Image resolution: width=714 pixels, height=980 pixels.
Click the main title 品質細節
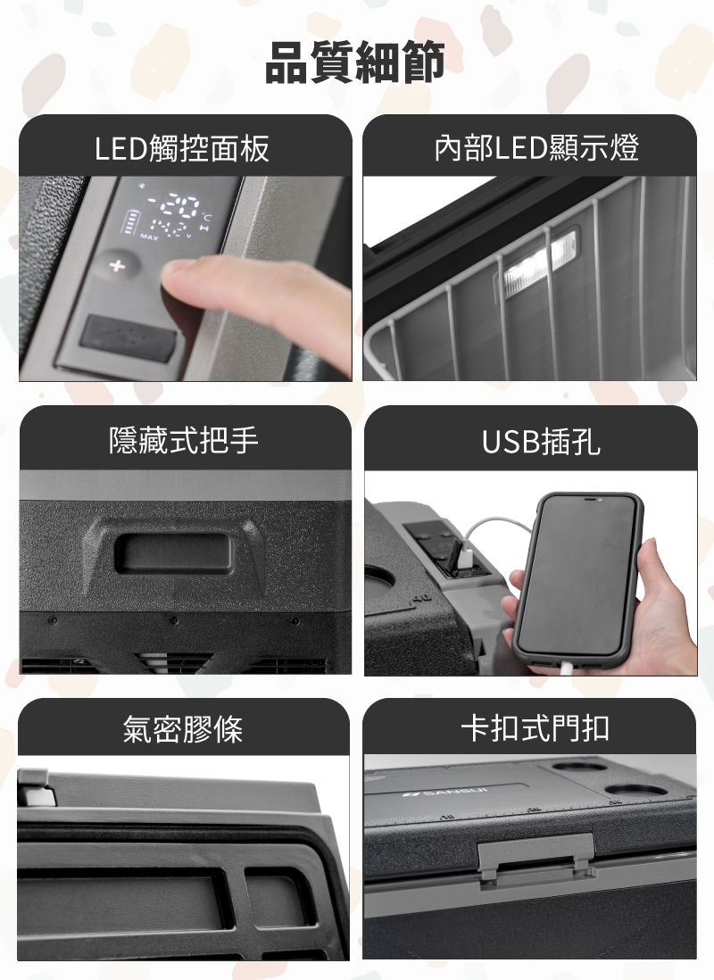[x=356, y=63]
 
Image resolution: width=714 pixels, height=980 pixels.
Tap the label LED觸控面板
[x=182, y=148]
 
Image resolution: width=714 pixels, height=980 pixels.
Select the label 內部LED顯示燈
[x=536, y=148]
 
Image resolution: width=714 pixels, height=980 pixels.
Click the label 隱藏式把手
[x=183, y=440]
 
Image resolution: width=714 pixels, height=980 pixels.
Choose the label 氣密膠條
[x=182, y=730]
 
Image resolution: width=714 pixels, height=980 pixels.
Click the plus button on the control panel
[x=115, y=266]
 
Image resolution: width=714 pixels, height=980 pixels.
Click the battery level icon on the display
[x=132, y=222]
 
